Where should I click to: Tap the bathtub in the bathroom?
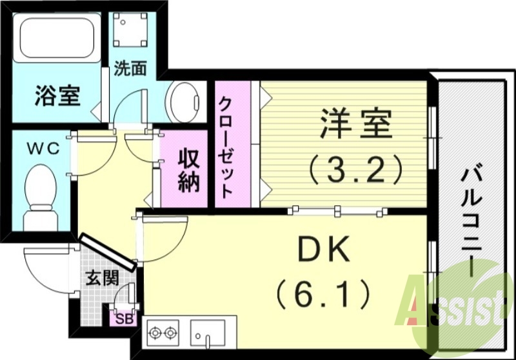pos(57,37)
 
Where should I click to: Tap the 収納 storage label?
pos(185,169)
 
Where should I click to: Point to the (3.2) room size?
pos(355,169)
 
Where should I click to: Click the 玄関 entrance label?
pos(103,279)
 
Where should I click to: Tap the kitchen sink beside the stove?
pos(208,332)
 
